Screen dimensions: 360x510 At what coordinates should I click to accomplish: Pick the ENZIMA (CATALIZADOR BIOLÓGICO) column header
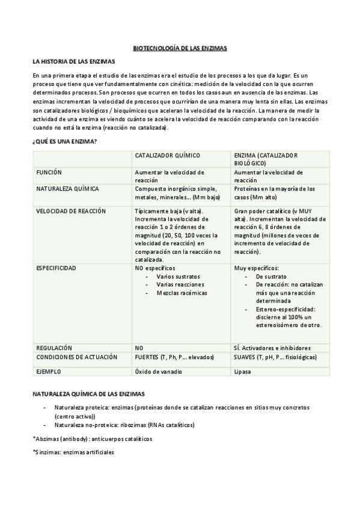(x=264, y=159)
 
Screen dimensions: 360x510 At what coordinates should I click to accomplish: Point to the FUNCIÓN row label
(x=49, y=172)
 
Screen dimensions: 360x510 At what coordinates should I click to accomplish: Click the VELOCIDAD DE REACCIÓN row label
(x=71, y=211)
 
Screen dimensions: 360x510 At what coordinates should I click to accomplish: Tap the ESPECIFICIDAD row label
(x=56, y=268)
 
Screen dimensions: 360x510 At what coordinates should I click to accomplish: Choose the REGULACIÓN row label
(x=54, y=348)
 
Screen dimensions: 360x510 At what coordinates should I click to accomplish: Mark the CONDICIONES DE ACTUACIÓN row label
(x=77, y=357)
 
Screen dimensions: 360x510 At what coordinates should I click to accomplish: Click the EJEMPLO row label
(x=49, y=372)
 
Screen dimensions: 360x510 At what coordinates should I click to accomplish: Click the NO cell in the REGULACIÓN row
(x=139, y=348)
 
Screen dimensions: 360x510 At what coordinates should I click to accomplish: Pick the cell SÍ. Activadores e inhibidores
(x=272, y=348)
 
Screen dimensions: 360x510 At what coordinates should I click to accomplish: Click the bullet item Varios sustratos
(x=178, y=276)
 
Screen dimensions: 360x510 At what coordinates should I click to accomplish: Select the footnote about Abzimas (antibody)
(x=92, y=438)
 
